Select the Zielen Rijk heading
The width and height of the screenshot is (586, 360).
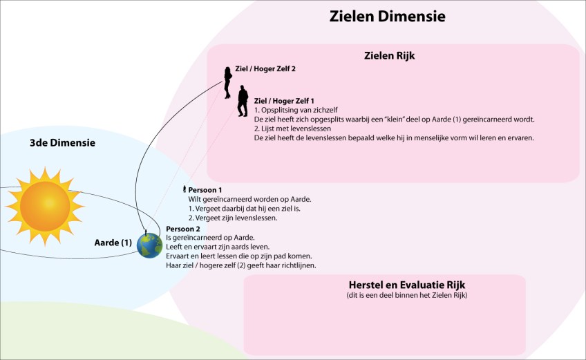(x=393, y=55)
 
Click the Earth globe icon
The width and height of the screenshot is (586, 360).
(x=149, y=245)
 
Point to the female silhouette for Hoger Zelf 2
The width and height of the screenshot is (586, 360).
(x=227, y=82)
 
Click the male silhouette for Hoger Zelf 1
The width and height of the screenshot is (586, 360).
(x=243, y=102)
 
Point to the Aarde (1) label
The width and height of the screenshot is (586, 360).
(x=113, y=243)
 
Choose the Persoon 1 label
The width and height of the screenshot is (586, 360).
(x=210, y=189)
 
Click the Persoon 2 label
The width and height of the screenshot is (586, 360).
(x=183, y=229)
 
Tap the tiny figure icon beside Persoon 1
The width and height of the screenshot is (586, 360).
(x=184, y=189)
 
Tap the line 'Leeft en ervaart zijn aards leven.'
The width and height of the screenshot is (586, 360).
(x=218, y=247)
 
